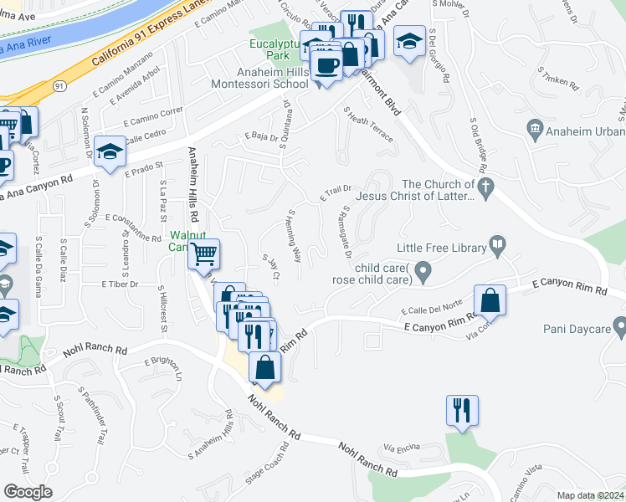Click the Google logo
click(28, 492)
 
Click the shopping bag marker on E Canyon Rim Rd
click(490, 300)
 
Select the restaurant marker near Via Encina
click(461, 410)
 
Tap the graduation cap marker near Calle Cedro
click(110, 151)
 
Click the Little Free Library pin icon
click(498, 247)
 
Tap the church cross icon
click(484, 186)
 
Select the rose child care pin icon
click(423, 270)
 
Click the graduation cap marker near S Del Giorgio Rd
click(408, 42)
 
